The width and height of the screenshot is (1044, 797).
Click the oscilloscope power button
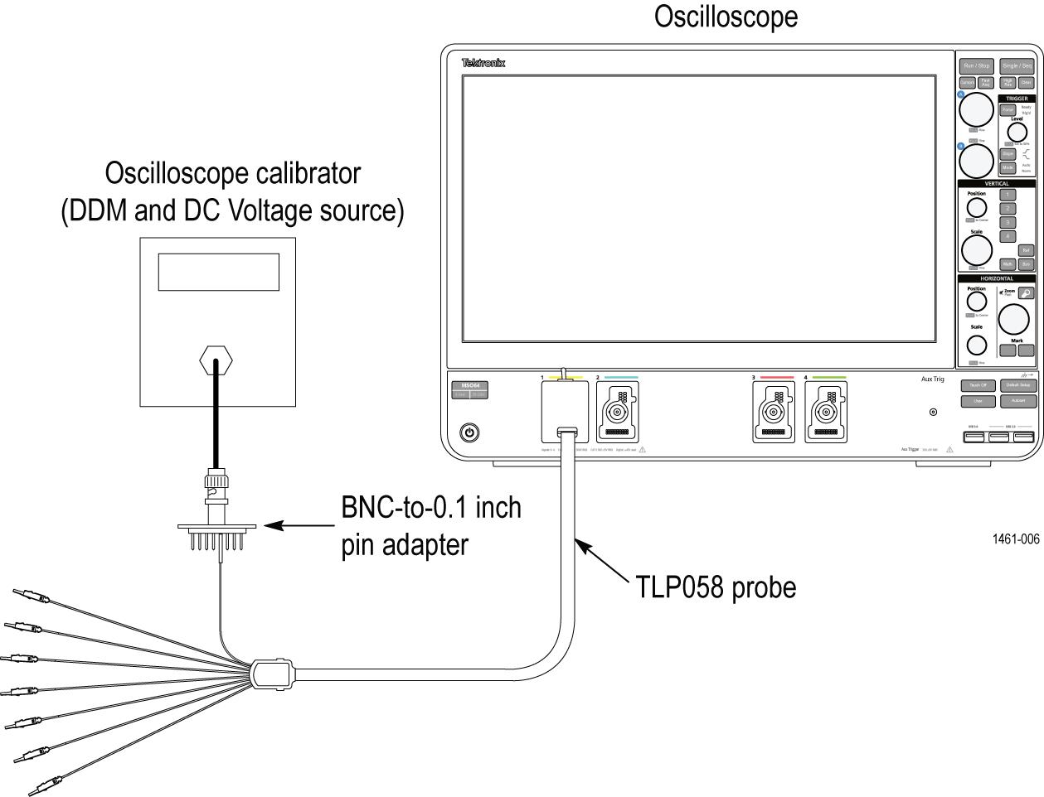pyautogui.click(x=470, y=432)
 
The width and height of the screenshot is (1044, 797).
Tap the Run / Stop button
pyautogui.click(x=976, y=65)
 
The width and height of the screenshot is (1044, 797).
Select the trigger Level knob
pyautogui.click(x=1017, y=132)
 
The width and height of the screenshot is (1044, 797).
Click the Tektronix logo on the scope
pyautogui.click(x=483, y=63)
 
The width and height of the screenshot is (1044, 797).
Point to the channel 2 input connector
pyautogui.click(x=617, y=412)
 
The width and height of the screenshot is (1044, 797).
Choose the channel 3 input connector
pyautogui.click(x=773, y=412)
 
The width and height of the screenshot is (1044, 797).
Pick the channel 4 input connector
pyautogui.click(x=825, y=412)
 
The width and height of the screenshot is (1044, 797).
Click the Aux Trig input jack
pyautogui.click(x=933, y=412)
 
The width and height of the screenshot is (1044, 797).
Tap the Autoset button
pyautogui.click(x=1017, y=401)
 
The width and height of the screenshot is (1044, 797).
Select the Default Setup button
pyautogui.click(x=1017, y=385)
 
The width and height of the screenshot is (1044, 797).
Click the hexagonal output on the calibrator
pyautogui.click(x=216, y=360)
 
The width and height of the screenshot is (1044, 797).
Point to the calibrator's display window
pyautogui.click(x=218, y=272)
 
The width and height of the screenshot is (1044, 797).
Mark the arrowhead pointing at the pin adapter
pyautogui.click(x=271, y=525)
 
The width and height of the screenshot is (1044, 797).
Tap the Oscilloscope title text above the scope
pyautogui.click(x=726, y=17)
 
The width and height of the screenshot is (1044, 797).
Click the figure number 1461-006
pyautogui.click(x=1015, y=539)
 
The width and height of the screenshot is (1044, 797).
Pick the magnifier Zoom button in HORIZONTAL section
pyautogui.click(x=1026, y=293)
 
